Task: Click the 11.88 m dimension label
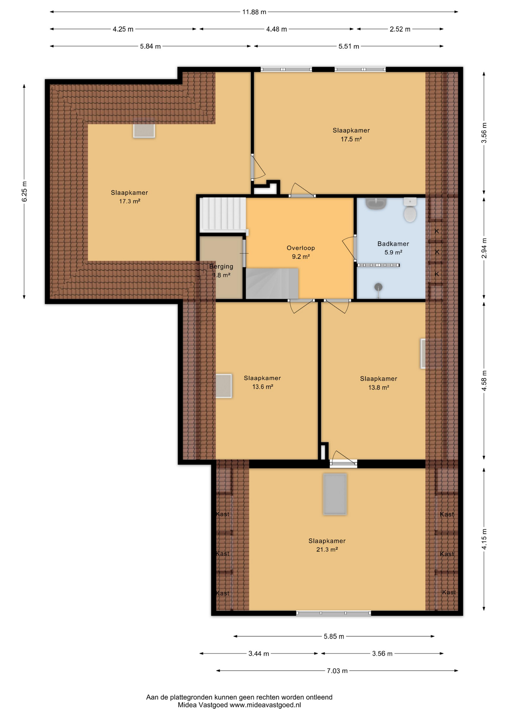click(254, 12)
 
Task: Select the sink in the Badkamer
click(376, 203)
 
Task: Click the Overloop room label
click(301, 248)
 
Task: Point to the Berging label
click(221, 267)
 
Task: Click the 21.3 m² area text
click(327, 549)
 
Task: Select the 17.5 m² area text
click(351, 139)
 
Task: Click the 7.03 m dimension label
click(337, 671)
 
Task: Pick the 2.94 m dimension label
click(484, 248)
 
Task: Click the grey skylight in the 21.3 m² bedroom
click(335, 494)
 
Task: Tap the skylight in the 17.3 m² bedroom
click(144, 129)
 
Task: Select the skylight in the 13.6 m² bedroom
click(224, 386)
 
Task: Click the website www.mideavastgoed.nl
click(265, 705)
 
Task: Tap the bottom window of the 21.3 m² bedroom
click(334, 613)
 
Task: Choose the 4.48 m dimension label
click(276, 29)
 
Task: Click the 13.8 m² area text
click(379, 387)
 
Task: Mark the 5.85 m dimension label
click(334, 636)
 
